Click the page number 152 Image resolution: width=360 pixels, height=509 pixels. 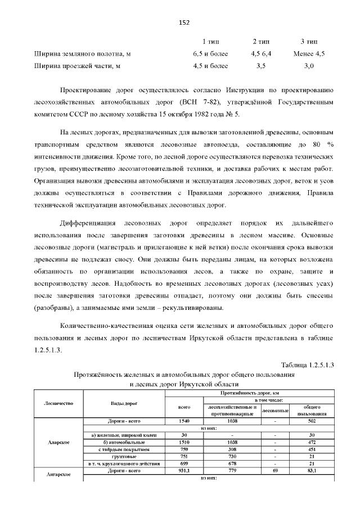pos(184,22)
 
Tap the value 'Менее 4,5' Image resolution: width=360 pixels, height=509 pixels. pos(309,54)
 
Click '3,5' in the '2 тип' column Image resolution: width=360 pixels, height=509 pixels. pos(260,66)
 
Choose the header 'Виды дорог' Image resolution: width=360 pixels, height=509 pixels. pos(123,404)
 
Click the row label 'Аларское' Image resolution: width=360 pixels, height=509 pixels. pos(59,442)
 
